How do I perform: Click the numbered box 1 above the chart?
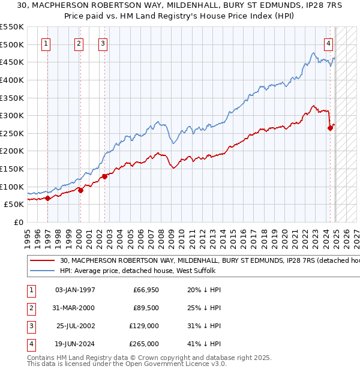point(46,43)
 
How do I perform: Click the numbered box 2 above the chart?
point(79,43)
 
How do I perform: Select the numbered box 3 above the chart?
point(103,43)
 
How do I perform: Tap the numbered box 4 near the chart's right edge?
point(329,43)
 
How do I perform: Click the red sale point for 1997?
point(47,199)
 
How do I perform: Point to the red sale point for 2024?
point(330,127)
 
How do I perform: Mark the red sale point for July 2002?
point(104,176)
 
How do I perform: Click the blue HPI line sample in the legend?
point(43,271)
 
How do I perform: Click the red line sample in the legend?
point(43,261)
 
